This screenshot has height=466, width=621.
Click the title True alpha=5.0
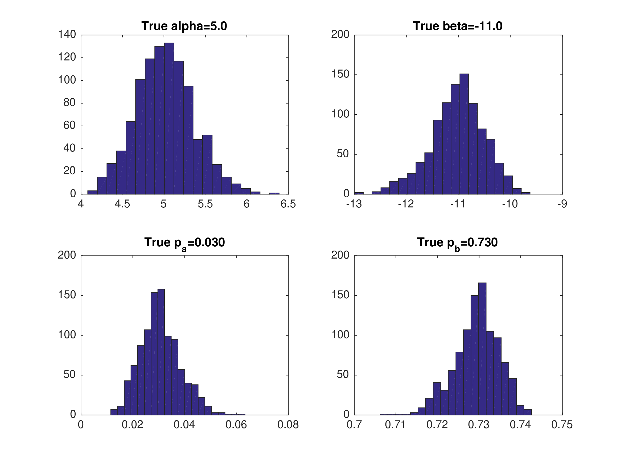[184, 26]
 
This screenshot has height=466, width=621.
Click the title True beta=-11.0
[458, 26]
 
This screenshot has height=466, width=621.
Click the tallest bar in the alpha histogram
[169, 118]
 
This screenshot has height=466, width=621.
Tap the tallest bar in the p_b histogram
[482, 348]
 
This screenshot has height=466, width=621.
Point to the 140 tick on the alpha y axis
[67, 35]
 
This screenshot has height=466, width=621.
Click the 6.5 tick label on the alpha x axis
[288, 204]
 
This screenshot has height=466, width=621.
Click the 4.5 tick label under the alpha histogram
[122, 204]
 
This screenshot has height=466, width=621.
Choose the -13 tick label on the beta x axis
[354, 204]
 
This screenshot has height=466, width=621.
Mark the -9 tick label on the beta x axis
[562, 204]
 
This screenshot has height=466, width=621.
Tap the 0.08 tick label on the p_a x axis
[288, 425]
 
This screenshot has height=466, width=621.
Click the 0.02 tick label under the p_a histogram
[133, 425]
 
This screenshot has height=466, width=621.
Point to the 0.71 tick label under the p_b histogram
[395, 425]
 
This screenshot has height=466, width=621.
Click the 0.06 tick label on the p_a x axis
[236, 425]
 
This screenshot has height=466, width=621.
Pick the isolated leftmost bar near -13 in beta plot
[359, 193]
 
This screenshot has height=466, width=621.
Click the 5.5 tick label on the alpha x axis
[205, 204]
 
